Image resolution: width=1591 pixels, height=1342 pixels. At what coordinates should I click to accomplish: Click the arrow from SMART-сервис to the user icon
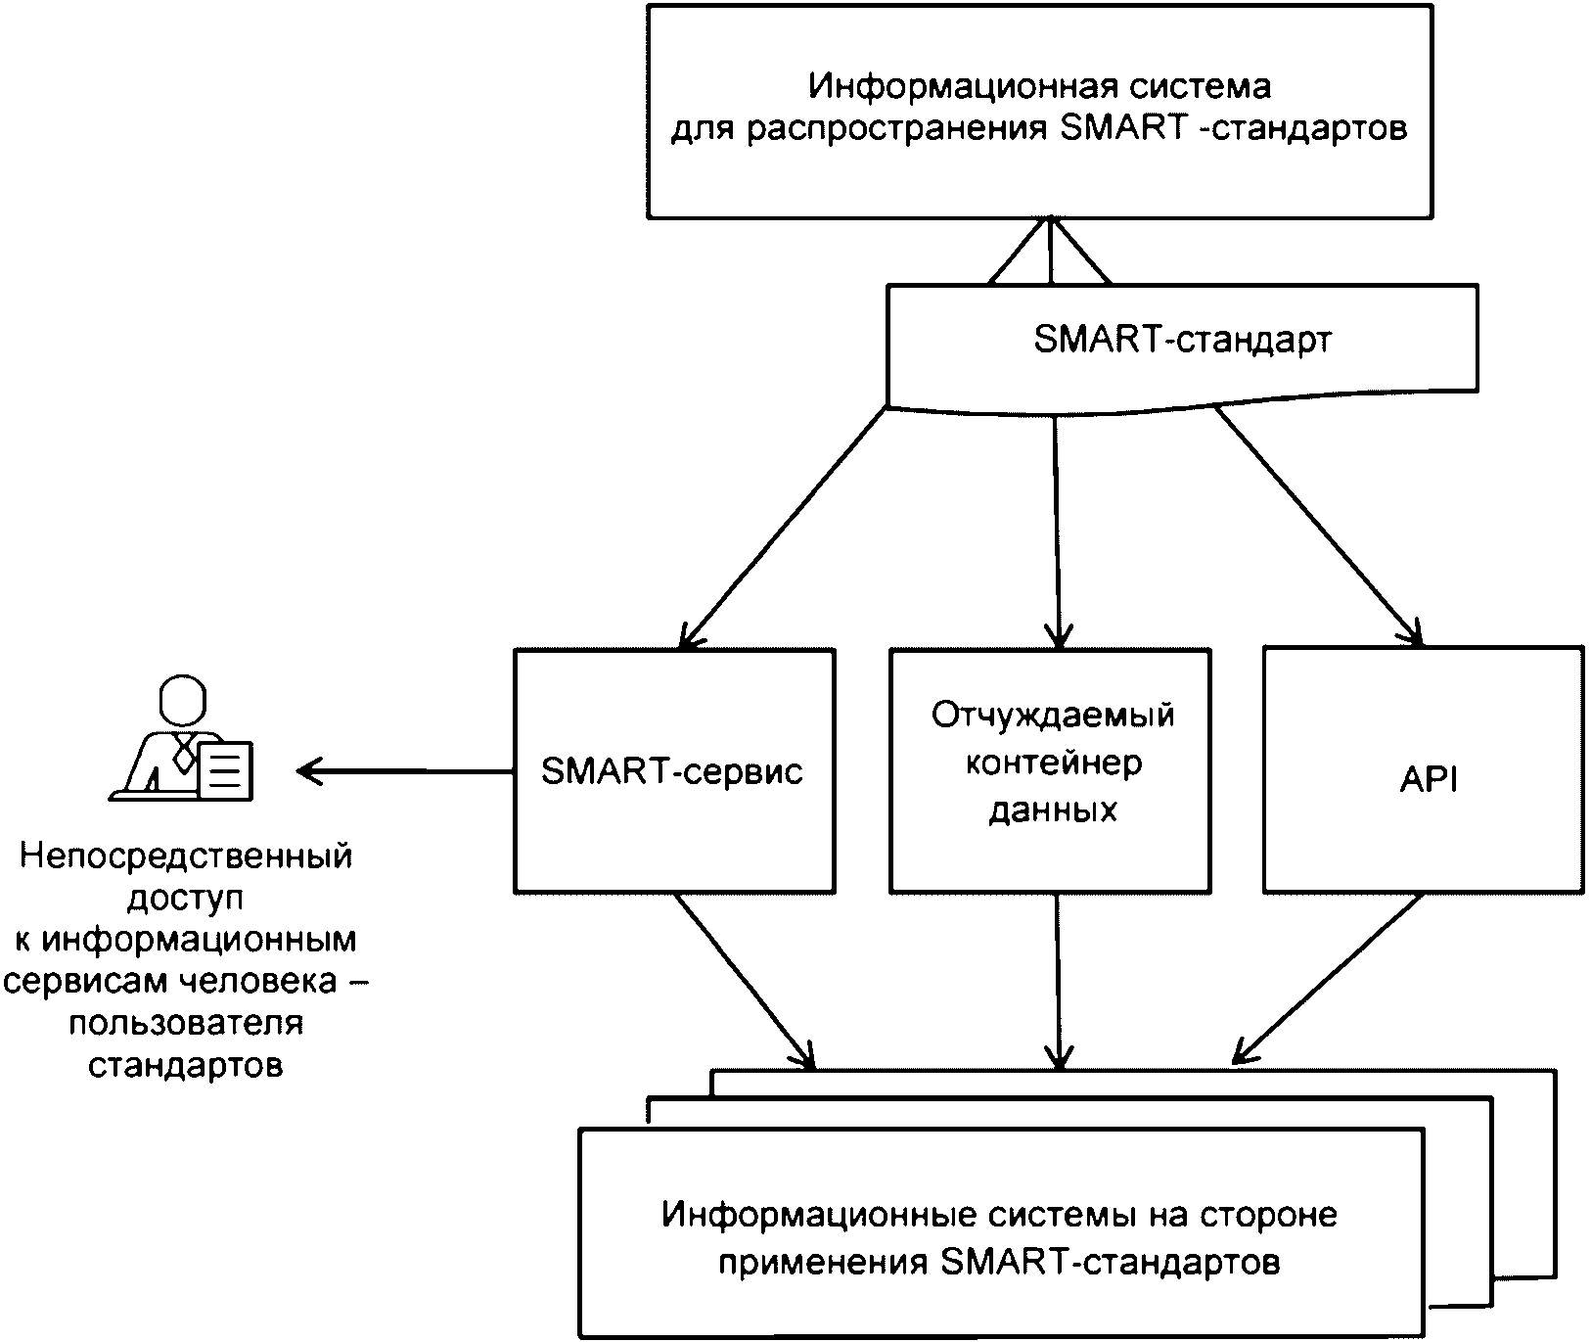(x=406, y=772)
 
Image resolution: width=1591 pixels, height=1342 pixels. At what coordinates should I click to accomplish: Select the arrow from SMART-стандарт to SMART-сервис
(x=783, y=528)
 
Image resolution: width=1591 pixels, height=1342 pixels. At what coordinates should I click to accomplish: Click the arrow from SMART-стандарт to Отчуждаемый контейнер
(x=1056, y=529)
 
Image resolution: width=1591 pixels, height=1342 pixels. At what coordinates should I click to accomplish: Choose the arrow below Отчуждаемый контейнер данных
(x=1058, y=979)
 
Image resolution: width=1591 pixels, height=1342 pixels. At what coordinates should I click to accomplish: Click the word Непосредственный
(x=185, y=856)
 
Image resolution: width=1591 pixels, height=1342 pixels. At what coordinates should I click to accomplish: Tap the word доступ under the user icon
(x=185, y=899)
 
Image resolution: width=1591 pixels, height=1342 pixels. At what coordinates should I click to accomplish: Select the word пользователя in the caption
(x=185, y=1024)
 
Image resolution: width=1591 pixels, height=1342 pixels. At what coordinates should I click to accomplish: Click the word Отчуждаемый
(x=1053, y=716)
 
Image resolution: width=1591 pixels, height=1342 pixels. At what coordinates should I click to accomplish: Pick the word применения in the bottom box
(x=823, y=1262)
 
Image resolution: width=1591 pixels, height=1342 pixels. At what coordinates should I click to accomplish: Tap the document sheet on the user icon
(x=226, y=768)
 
